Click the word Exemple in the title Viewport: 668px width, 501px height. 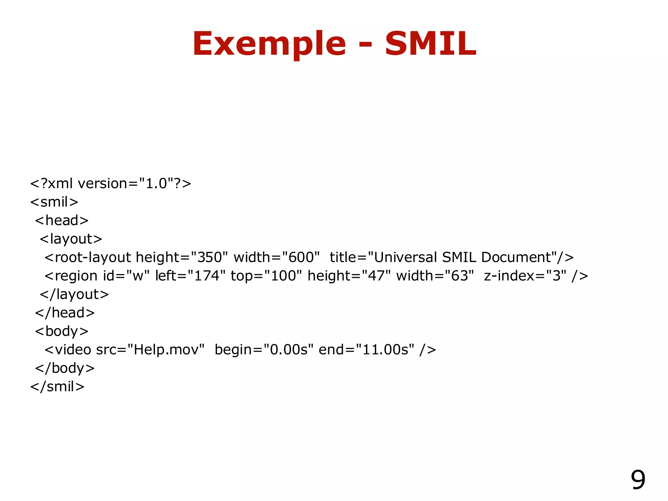click(269, 44)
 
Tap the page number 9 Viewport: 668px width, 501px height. click(638, 480)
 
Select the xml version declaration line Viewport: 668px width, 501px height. click(111, 184)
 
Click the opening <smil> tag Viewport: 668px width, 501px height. click(54, 202)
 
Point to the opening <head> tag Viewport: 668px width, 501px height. click(62, 221)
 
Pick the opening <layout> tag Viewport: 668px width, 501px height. click(71, 239)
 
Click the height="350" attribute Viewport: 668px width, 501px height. click(181, 258)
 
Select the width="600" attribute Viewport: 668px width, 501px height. click(277, 258)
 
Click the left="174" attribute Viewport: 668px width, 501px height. click(190, 276)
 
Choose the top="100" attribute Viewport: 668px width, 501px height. click(266, 276)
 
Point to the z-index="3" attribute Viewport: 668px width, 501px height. click(525, 276)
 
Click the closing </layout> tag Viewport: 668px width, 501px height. click(74, 295)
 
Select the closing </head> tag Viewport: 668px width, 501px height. click(65, 313)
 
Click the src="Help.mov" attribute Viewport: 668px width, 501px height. click(150, 350)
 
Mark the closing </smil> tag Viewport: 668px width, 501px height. click(57, 387)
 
